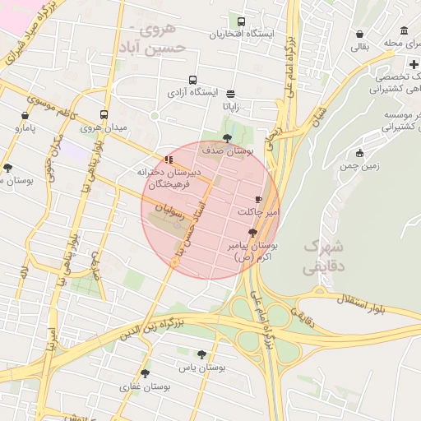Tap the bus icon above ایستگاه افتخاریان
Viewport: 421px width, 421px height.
click(x=241, y=21)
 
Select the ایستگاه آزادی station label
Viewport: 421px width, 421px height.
click(x=193, y=93)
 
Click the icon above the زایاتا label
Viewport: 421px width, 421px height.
click(x=230, y=94)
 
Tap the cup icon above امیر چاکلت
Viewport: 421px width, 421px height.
click(x=258, y=199)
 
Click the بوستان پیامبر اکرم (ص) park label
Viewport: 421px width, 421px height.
click(x=256, y=252)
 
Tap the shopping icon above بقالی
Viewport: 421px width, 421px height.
click(x=360, y=35)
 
